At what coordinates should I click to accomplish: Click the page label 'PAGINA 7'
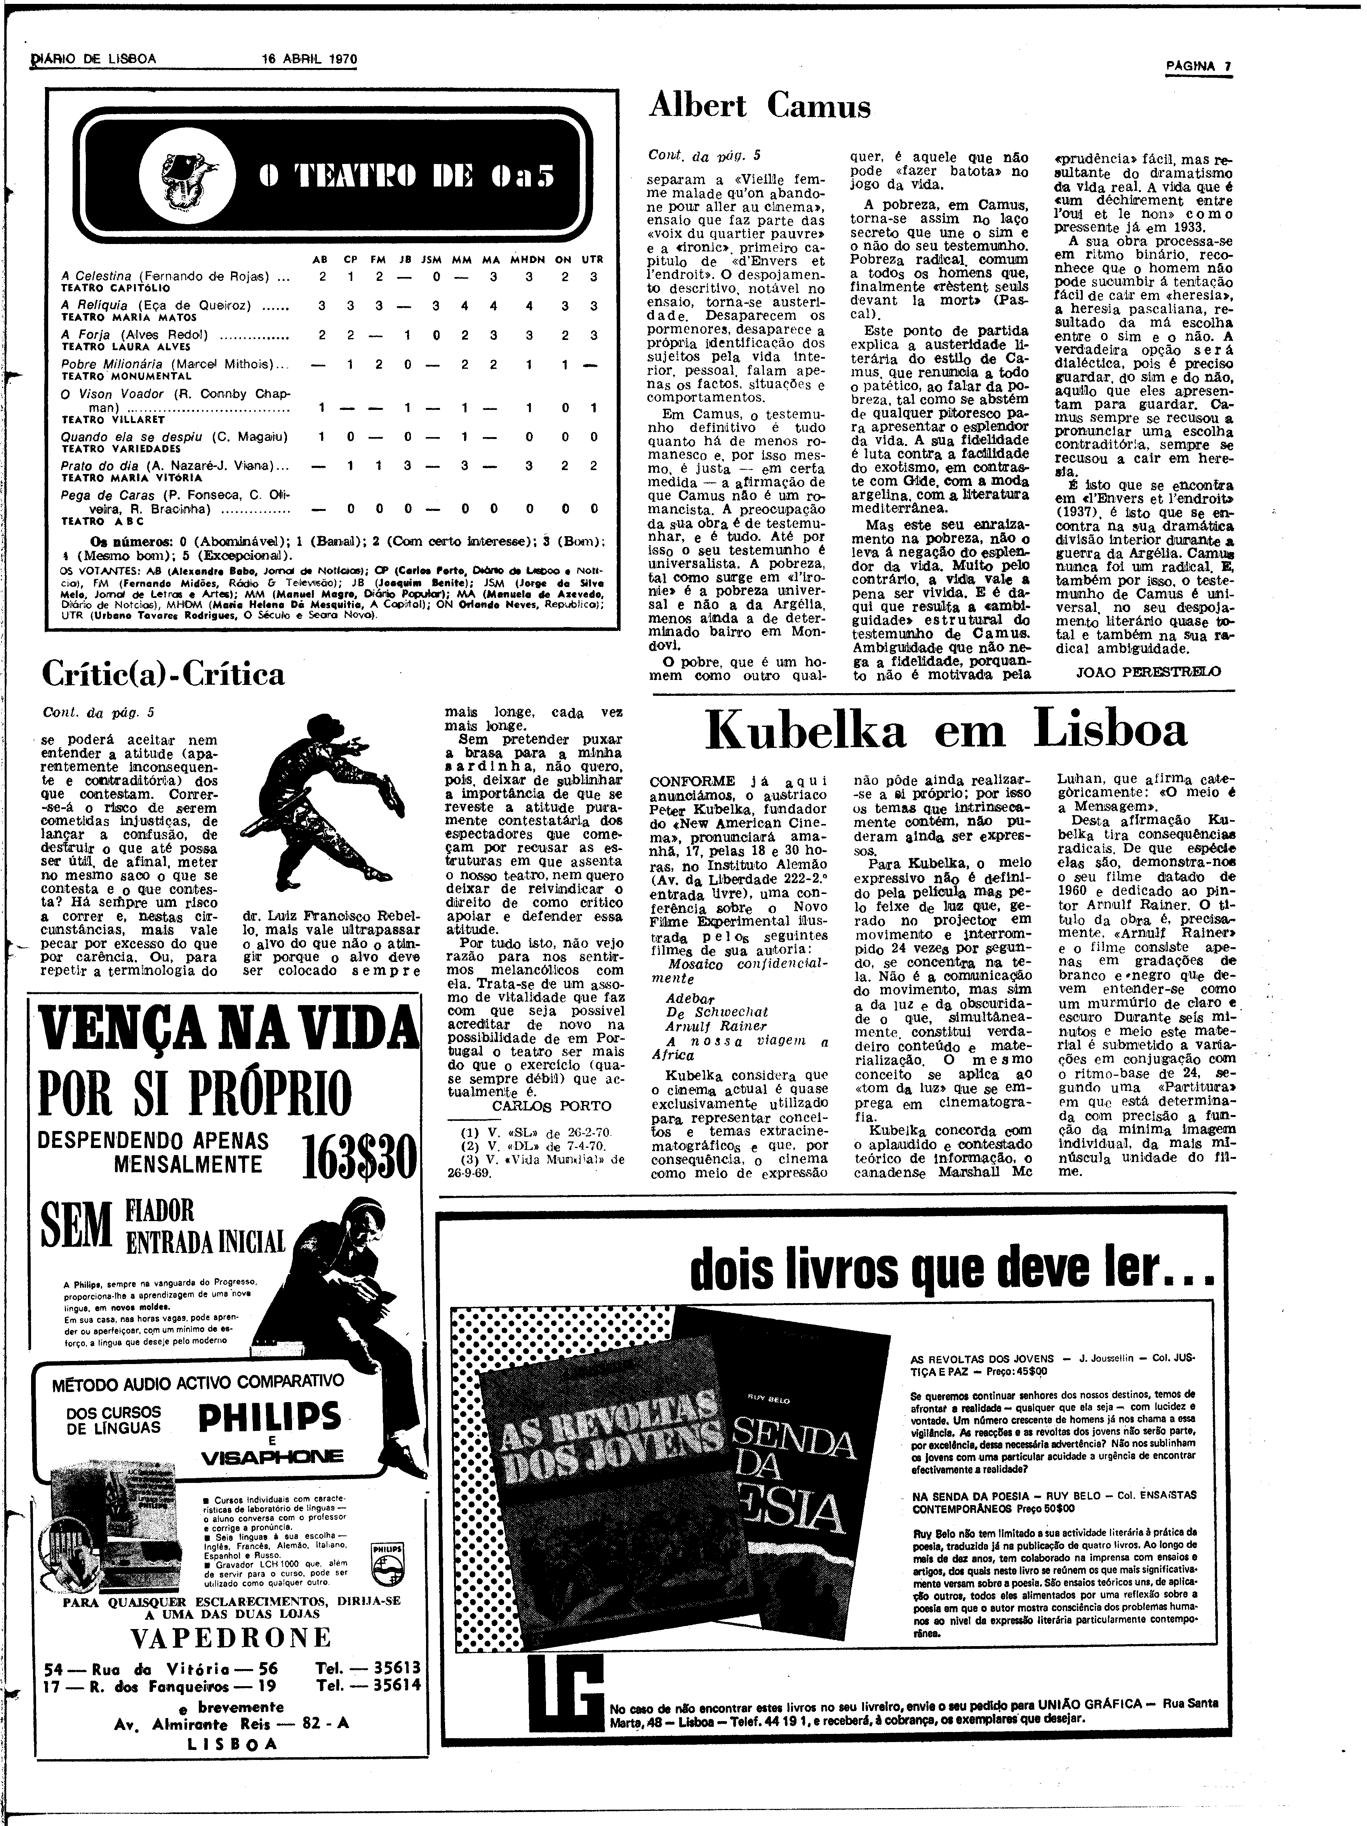[1198, 67]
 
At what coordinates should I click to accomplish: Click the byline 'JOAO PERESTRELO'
[1148, 671]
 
